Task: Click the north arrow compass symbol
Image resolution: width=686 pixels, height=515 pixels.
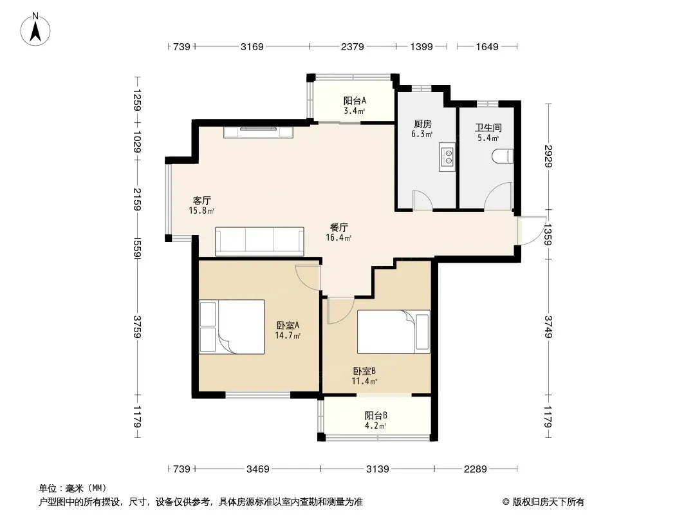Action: point(35,30)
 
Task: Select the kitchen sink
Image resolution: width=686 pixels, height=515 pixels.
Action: point(447,156)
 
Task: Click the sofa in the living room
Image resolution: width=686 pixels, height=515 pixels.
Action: point(259,241)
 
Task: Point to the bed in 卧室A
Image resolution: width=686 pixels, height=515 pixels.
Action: point(232,326)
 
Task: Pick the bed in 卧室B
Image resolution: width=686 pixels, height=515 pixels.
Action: point(394,332)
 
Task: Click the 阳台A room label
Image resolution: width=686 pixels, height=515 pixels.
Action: point(355,101)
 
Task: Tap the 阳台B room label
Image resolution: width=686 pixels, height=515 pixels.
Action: point(376,415)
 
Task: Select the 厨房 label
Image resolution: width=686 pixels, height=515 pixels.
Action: point(422,124)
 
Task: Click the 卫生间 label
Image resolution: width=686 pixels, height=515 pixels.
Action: point(488,127)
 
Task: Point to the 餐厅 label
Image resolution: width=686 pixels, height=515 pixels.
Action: point(338,227)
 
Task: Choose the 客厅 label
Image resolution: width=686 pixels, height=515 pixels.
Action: point(201,200)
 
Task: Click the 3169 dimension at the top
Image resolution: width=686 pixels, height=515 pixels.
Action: point(252,46)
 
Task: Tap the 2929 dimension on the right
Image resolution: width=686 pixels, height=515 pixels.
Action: point(549,156)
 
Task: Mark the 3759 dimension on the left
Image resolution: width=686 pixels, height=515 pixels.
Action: point(137,326)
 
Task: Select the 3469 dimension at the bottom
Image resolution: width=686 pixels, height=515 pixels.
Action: point(257,469)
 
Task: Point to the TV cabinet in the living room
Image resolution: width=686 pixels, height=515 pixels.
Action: point(258,132)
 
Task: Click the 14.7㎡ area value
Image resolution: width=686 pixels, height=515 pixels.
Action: point(288,335)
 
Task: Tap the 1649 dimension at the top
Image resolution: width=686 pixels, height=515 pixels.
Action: point(487,46)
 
